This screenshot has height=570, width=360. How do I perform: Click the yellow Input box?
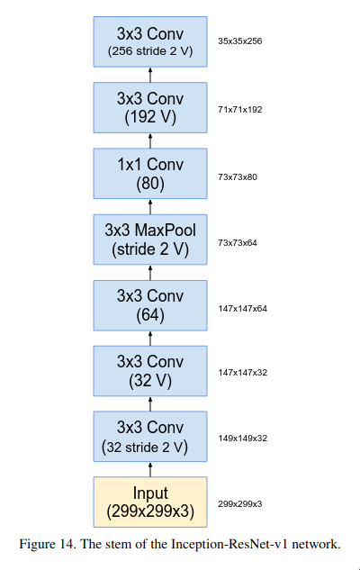tap(150, 502)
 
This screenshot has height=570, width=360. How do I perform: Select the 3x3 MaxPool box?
tap(150, 240)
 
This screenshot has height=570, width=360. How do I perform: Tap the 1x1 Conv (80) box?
tap(150, 174)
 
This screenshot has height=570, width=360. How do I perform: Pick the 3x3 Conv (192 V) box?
tap(150, 107)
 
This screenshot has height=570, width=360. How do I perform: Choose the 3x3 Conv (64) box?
tap(150, 305)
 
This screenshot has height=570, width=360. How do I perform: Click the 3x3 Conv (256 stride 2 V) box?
tap(150, 41)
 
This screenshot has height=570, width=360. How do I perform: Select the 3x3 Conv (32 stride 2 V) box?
tap(150, 437)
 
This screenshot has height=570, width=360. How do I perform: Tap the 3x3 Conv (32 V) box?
tap(150, 371)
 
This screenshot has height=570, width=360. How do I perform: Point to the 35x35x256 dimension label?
tap(239, 41)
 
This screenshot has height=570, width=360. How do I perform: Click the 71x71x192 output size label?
tap(239, 110)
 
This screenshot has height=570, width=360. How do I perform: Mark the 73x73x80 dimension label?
tap(238, 177)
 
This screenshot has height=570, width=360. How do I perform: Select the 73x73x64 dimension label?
tap(238, 243)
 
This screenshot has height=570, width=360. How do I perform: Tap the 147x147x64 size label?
tap(242, 309)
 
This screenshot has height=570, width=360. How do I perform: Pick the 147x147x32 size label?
tap(242, 373)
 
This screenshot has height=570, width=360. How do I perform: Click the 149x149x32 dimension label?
tap(242, 439)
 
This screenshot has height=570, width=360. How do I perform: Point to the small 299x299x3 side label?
tap(239, 504)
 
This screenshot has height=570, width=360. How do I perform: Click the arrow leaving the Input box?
tap(150, 469)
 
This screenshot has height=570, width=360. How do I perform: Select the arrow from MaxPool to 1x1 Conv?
tap(150, 207)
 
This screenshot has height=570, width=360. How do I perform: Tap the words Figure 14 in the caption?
tap(47, 544)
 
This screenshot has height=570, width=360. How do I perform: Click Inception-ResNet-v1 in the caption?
tap(229, 544)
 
